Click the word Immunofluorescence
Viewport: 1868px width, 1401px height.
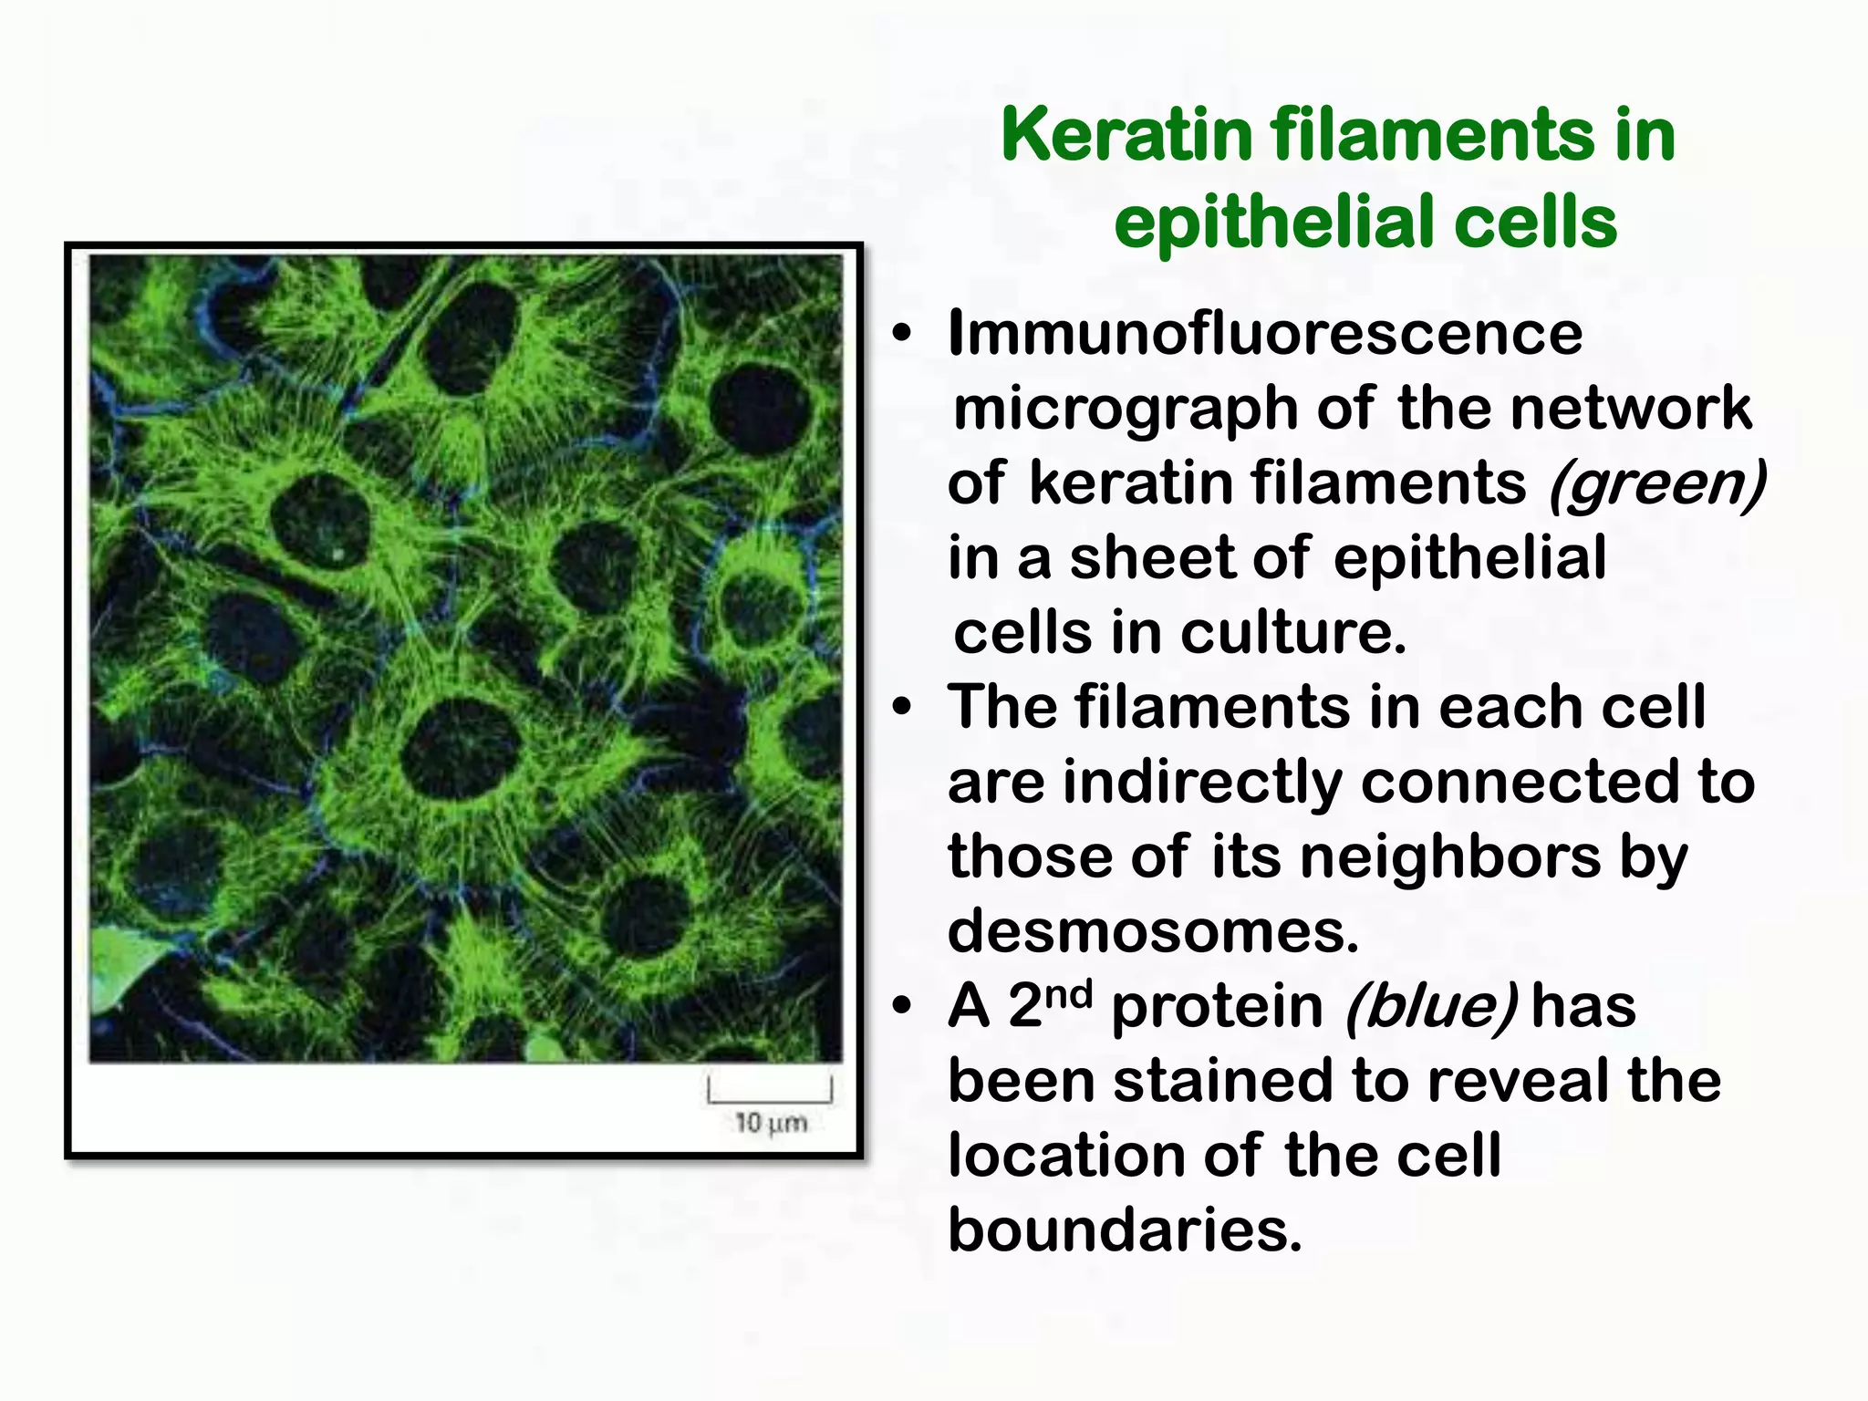pos(1265,333)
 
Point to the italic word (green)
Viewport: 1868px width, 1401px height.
pos(1656,483)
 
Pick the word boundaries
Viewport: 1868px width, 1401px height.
pos(1125,1230)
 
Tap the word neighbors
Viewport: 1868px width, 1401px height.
pos(1449,857)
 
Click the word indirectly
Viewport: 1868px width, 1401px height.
pos(1201,783)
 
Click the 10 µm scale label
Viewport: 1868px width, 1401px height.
pos(771,1123)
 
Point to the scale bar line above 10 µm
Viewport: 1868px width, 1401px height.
pos(770,1099)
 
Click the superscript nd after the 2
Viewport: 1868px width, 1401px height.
pos(1069,993)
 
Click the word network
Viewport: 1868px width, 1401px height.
pos(1630,409)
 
